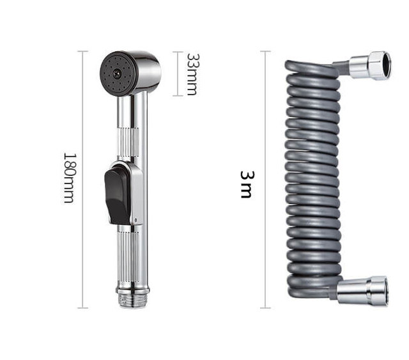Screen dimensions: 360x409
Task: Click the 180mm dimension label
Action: click(68, 177)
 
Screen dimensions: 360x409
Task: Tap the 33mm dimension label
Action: click(191, 74)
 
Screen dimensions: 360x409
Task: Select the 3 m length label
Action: click(245, 184)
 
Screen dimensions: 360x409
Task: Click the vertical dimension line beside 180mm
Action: click(82, 179)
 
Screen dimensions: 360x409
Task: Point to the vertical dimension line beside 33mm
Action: click(178, 74)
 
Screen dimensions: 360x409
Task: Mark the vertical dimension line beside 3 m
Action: click(265, 179)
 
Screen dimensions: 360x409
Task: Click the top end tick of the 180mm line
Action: click(82, 51)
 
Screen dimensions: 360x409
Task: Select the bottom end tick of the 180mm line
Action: click(82, 308)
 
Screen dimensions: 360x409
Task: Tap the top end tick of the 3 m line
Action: click(265, 51)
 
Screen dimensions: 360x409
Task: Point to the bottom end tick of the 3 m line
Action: click(265, 308)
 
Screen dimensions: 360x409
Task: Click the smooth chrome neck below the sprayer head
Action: click(132, 112)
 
